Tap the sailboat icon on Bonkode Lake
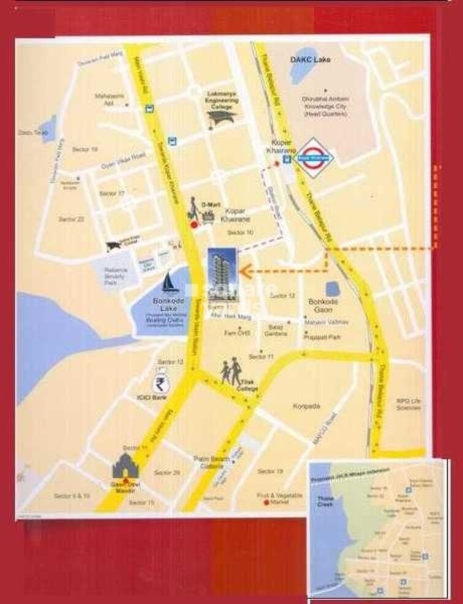point(169,283)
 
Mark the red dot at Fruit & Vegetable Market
point(266,503)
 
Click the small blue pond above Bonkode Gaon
point(333,288)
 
